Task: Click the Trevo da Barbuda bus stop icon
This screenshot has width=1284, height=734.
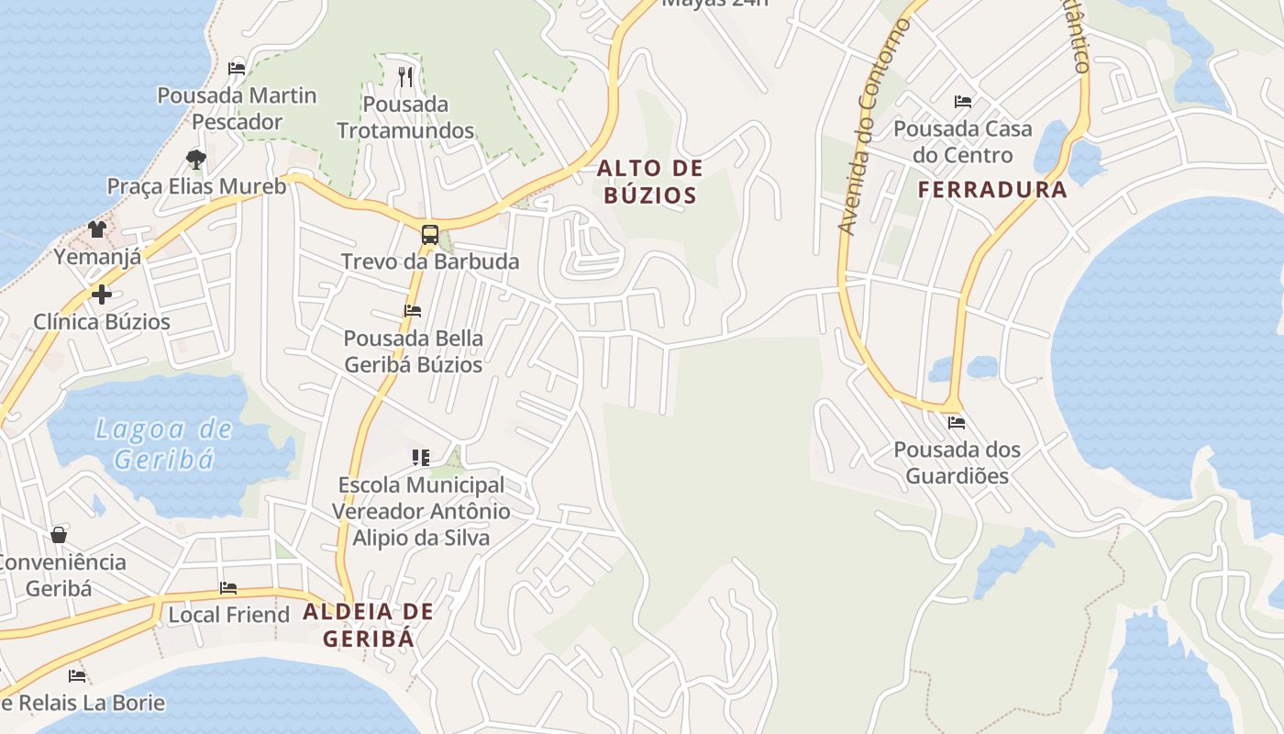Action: tap(429, 234)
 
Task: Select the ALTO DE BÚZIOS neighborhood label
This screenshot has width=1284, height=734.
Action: tap(650, 182)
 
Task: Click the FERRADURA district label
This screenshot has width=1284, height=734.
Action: tap(993, 190)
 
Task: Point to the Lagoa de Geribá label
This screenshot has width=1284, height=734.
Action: tap(163, 443)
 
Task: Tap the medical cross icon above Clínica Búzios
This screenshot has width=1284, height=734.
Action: tap(101, 295)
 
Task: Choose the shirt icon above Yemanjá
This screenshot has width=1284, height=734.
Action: tap(97, 228)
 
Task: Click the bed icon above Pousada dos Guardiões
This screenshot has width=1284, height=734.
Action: tap(957, 423)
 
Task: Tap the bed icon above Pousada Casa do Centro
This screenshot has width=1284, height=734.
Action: tap(962, 101)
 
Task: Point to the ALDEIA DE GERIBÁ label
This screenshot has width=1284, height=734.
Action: tap(368, 625)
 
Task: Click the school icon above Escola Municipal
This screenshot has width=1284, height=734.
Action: tap(421, 457)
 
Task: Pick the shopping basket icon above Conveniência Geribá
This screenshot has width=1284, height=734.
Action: tap(59, 534)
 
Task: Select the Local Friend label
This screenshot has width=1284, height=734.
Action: tap(228, 615)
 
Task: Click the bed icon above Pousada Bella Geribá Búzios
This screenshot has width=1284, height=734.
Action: tap(413, 311)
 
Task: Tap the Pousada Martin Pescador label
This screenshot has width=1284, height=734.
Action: tap(237, 108)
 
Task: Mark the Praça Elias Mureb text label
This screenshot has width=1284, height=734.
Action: tap(196, 186)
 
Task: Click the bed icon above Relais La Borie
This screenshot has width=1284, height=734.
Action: tap(77, 676)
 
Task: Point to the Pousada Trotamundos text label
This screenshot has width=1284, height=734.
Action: tap(405, 117)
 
